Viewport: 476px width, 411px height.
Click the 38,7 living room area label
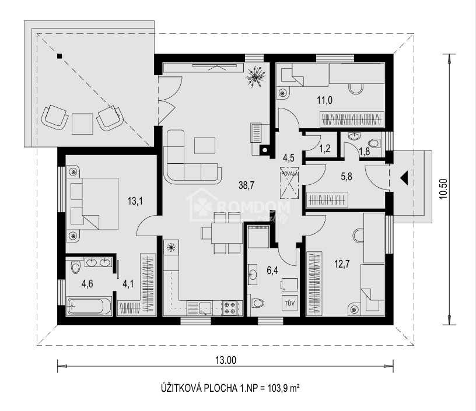point(246,185)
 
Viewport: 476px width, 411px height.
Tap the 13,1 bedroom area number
point(135,201)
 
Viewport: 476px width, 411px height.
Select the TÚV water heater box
point(289,303)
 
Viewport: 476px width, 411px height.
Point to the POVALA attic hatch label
point(290,174)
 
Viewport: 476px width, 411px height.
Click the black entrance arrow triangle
point(404,178)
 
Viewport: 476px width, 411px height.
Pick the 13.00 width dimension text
point(226,360)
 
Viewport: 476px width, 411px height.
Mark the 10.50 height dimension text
point(443,188)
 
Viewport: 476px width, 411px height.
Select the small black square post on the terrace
point(60,56)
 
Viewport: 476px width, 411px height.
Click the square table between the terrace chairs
point(82,124)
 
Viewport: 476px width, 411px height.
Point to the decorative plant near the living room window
point(256,77)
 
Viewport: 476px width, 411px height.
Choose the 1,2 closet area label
point(324,149)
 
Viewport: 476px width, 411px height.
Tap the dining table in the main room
point(227,233)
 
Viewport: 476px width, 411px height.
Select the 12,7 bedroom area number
point(342,264)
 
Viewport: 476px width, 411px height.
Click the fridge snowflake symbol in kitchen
point(171,248)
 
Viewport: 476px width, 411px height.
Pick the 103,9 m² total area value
point(284,388)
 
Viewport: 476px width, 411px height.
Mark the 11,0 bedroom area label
point(324,100)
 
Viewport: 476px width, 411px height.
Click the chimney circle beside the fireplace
point(265,150)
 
